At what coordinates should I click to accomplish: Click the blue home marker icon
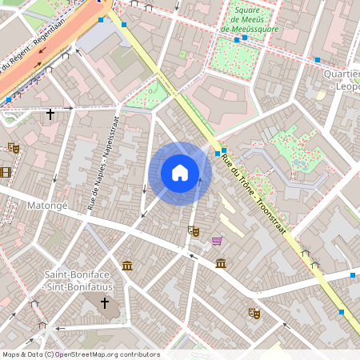click(x=180, y=173)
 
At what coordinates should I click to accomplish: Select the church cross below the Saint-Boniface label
click(x=104, y=303)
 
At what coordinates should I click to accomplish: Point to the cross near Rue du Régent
click(x=50, y=114)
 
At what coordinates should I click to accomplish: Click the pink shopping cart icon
click(x=216, y=240)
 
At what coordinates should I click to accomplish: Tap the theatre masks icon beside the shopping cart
click(x=193, y=231)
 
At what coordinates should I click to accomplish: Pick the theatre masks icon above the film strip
click(x=13, y=147)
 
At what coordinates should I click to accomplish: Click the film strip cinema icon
click(x=6, y=172)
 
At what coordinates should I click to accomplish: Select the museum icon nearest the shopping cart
click(x=221, y=263)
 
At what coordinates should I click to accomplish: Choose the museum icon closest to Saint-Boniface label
click(x=127, y=265)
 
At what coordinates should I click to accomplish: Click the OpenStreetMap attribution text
click(x=80, y=354)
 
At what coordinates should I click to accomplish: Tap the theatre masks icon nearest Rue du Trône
click(x=254, y=313)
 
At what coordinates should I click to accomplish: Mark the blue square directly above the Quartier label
click(x=318, y=60)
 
